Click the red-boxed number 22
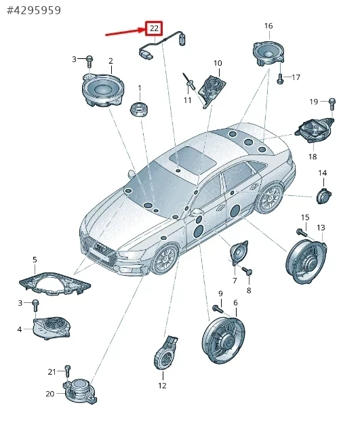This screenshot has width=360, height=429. point(154,28)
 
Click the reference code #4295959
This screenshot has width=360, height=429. point(34,10)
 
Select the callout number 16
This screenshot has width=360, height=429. point(268,26)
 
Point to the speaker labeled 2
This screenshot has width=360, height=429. point(103,90)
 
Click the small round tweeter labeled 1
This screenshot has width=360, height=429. point(139,109)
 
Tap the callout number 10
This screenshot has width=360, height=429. point(218,63)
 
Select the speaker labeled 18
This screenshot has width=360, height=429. point(315,130)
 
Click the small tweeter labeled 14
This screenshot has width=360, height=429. point(324,196)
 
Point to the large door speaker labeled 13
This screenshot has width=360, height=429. point(306,262)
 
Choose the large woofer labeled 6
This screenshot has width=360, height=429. point(224,340)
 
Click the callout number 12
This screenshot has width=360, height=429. point(162,386)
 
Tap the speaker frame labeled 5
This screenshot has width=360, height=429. point(55,284)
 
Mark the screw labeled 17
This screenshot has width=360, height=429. point(280,78)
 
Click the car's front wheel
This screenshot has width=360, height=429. point(165,258)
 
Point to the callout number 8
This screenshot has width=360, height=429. point(249,290)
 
